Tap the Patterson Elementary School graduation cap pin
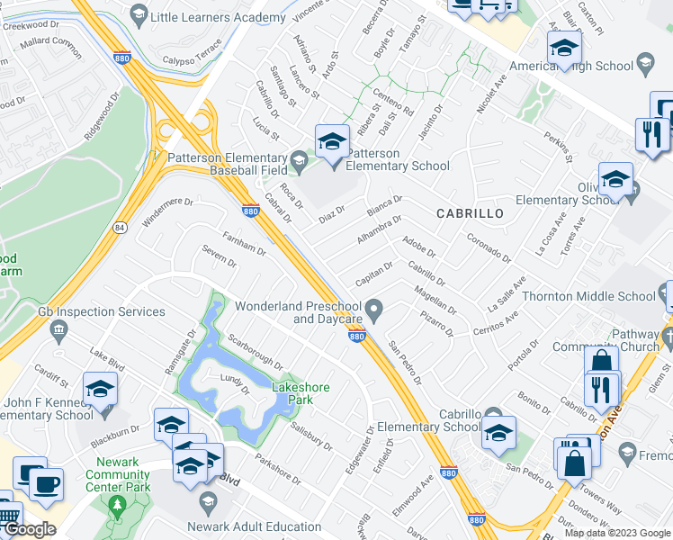[x=331, y=142]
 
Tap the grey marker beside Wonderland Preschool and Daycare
[x=379, y=311]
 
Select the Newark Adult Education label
[x=254, y=526]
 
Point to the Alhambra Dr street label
[x=378, y=227]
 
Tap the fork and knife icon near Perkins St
[x=649, y=135]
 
